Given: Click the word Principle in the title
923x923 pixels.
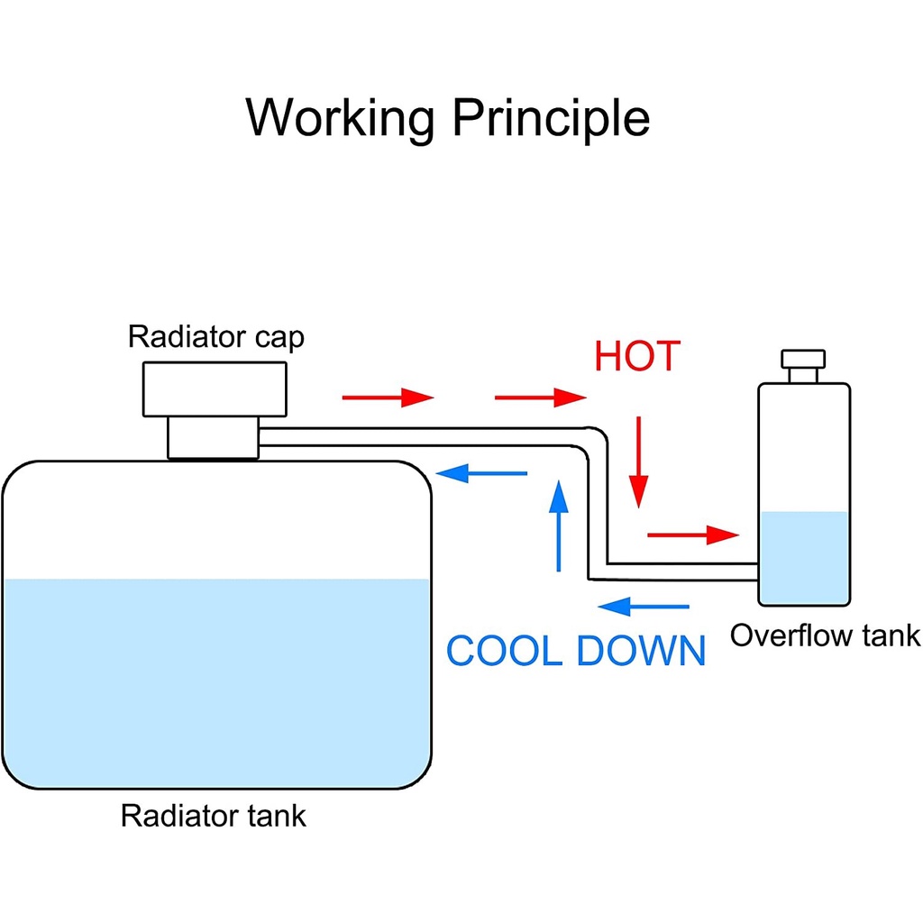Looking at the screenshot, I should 551,118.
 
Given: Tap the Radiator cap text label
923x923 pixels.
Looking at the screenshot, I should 216,338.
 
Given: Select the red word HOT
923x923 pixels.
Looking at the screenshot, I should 636,358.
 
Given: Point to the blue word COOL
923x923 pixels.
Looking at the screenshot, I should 505,651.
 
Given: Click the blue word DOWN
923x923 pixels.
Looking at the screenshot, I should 641,651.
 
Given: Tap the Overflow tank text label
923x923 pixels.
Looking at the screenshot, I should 825,635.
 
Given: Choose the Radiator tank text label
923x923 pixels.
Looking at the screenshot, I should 214,817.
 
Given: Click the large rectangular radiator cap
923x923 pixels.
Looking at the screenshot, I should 215,389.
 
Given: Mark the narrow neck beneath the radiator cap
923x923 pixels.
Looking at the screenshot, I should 214,439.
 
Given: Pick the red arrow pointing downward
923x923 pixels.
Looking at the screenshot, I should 639,461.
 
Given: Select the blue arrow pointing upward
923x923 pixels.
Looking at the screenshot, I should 560,526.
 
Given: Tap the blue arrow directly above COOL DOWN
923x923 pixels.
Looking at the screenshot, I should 644,607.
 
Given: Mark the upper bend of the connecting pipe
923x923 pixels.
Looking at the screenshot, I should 597,437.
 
